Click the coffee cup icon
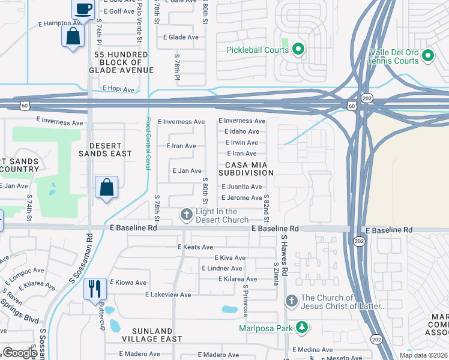pyautogui.click(x=83, y=8)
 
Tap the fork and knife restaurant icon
pyautogui.click(x=95, y=289)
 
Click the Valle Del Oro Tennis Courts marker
pyautogui.click(x=427, y=56)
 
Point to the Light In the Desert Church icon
pyautogui.click(x=186, y=214)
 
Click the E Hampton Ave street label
pyautogui.click(x=59, y=24)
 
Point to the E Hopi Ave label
pyautogui.click(x=118, y=88)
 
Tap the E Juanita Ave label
pyautogui.click(x=241, y=187)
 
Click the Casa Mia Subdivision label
pyautogui.click(x=250, y=169)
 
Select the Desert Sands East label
pyautogui.click(x=105, y=149)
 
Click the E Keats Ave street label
pyautogui.click(x=195, y=247)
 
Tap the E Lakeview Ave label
pyautogui.click(x=168, y=295)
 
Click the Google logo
pyautogui.click(x=20, y=352)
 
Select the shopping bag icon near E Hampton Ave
pyautogui.click(x=73, y=36)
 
